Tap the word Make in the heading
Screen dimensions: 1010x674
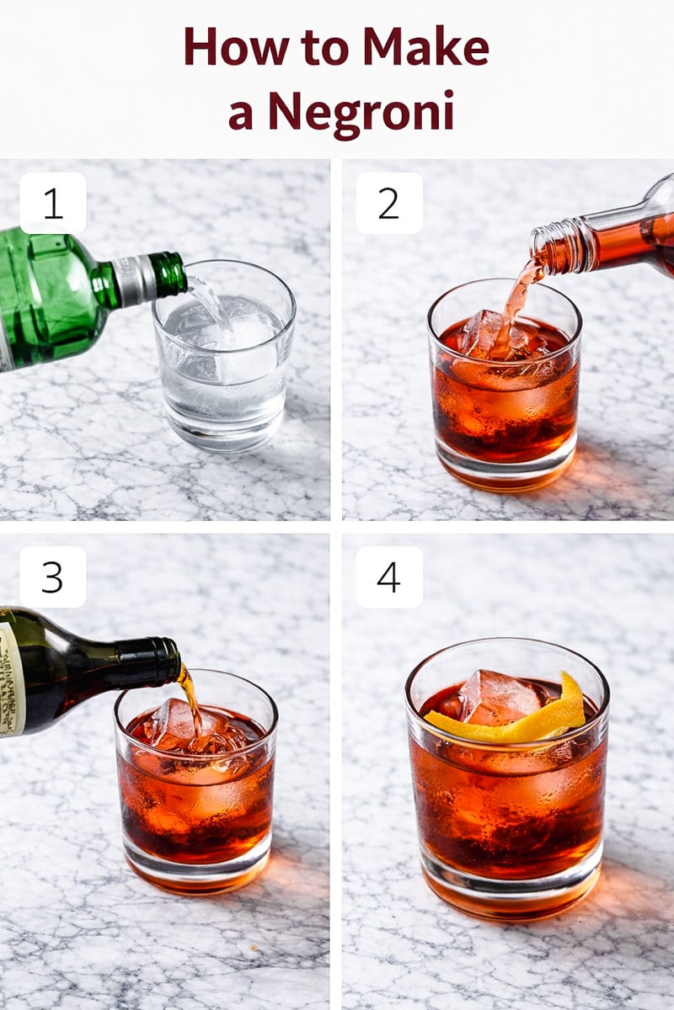pyautogui.click(x=425, y=47)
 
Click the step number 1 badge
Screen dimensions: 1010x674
pyautogui.click(x=53, y=203)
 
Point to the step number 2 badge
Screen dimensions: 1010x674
pyautogui.click(x=388, y=203)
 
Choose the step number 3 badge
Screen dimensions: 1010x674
pyautogui.click(x=53, y=577)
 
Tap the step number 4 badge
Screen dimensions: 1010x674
pyautogui.click(x=388, y=577)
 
